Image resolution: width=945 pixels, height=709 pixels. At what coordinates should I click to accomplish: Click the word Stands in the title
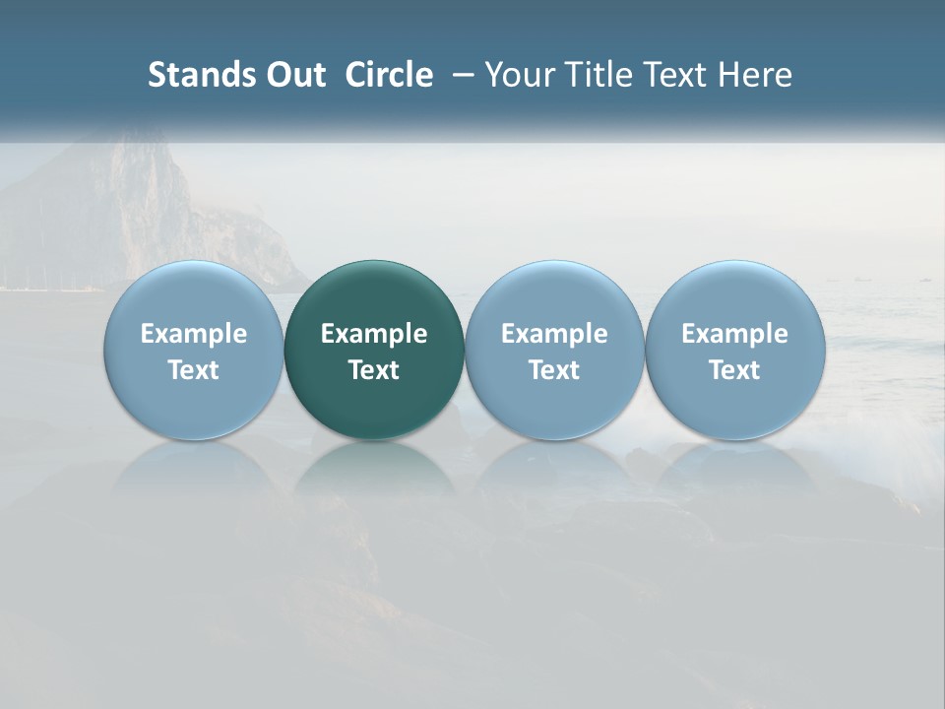coord(194,75)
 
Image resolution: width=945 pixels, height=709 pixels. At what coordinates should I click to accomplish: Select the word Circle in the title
coord(389,75)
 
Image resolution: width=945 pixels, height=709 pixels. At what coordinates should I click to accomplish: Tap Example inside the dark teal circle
coord(374,334)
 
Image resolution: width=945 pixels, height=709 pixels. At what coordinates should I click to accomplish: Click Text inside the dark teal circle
coord(374,370)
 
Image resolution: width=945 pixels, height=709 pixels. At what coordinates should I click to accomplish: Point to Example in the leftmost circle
coord(194,334)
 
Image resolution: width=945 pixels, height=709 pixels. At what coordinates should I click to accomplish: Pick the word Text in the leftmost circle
coord(194,370)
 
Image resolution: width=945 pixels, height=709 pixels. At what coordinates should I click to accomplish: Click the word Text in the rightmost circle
coord(735,370)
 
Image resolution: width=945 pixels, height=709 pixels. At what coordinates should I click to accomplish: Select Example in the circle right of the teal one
coord(554,334)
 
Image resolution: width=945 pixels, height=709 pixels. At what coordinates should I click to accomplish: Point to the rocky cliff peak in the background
coord(138,158)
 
